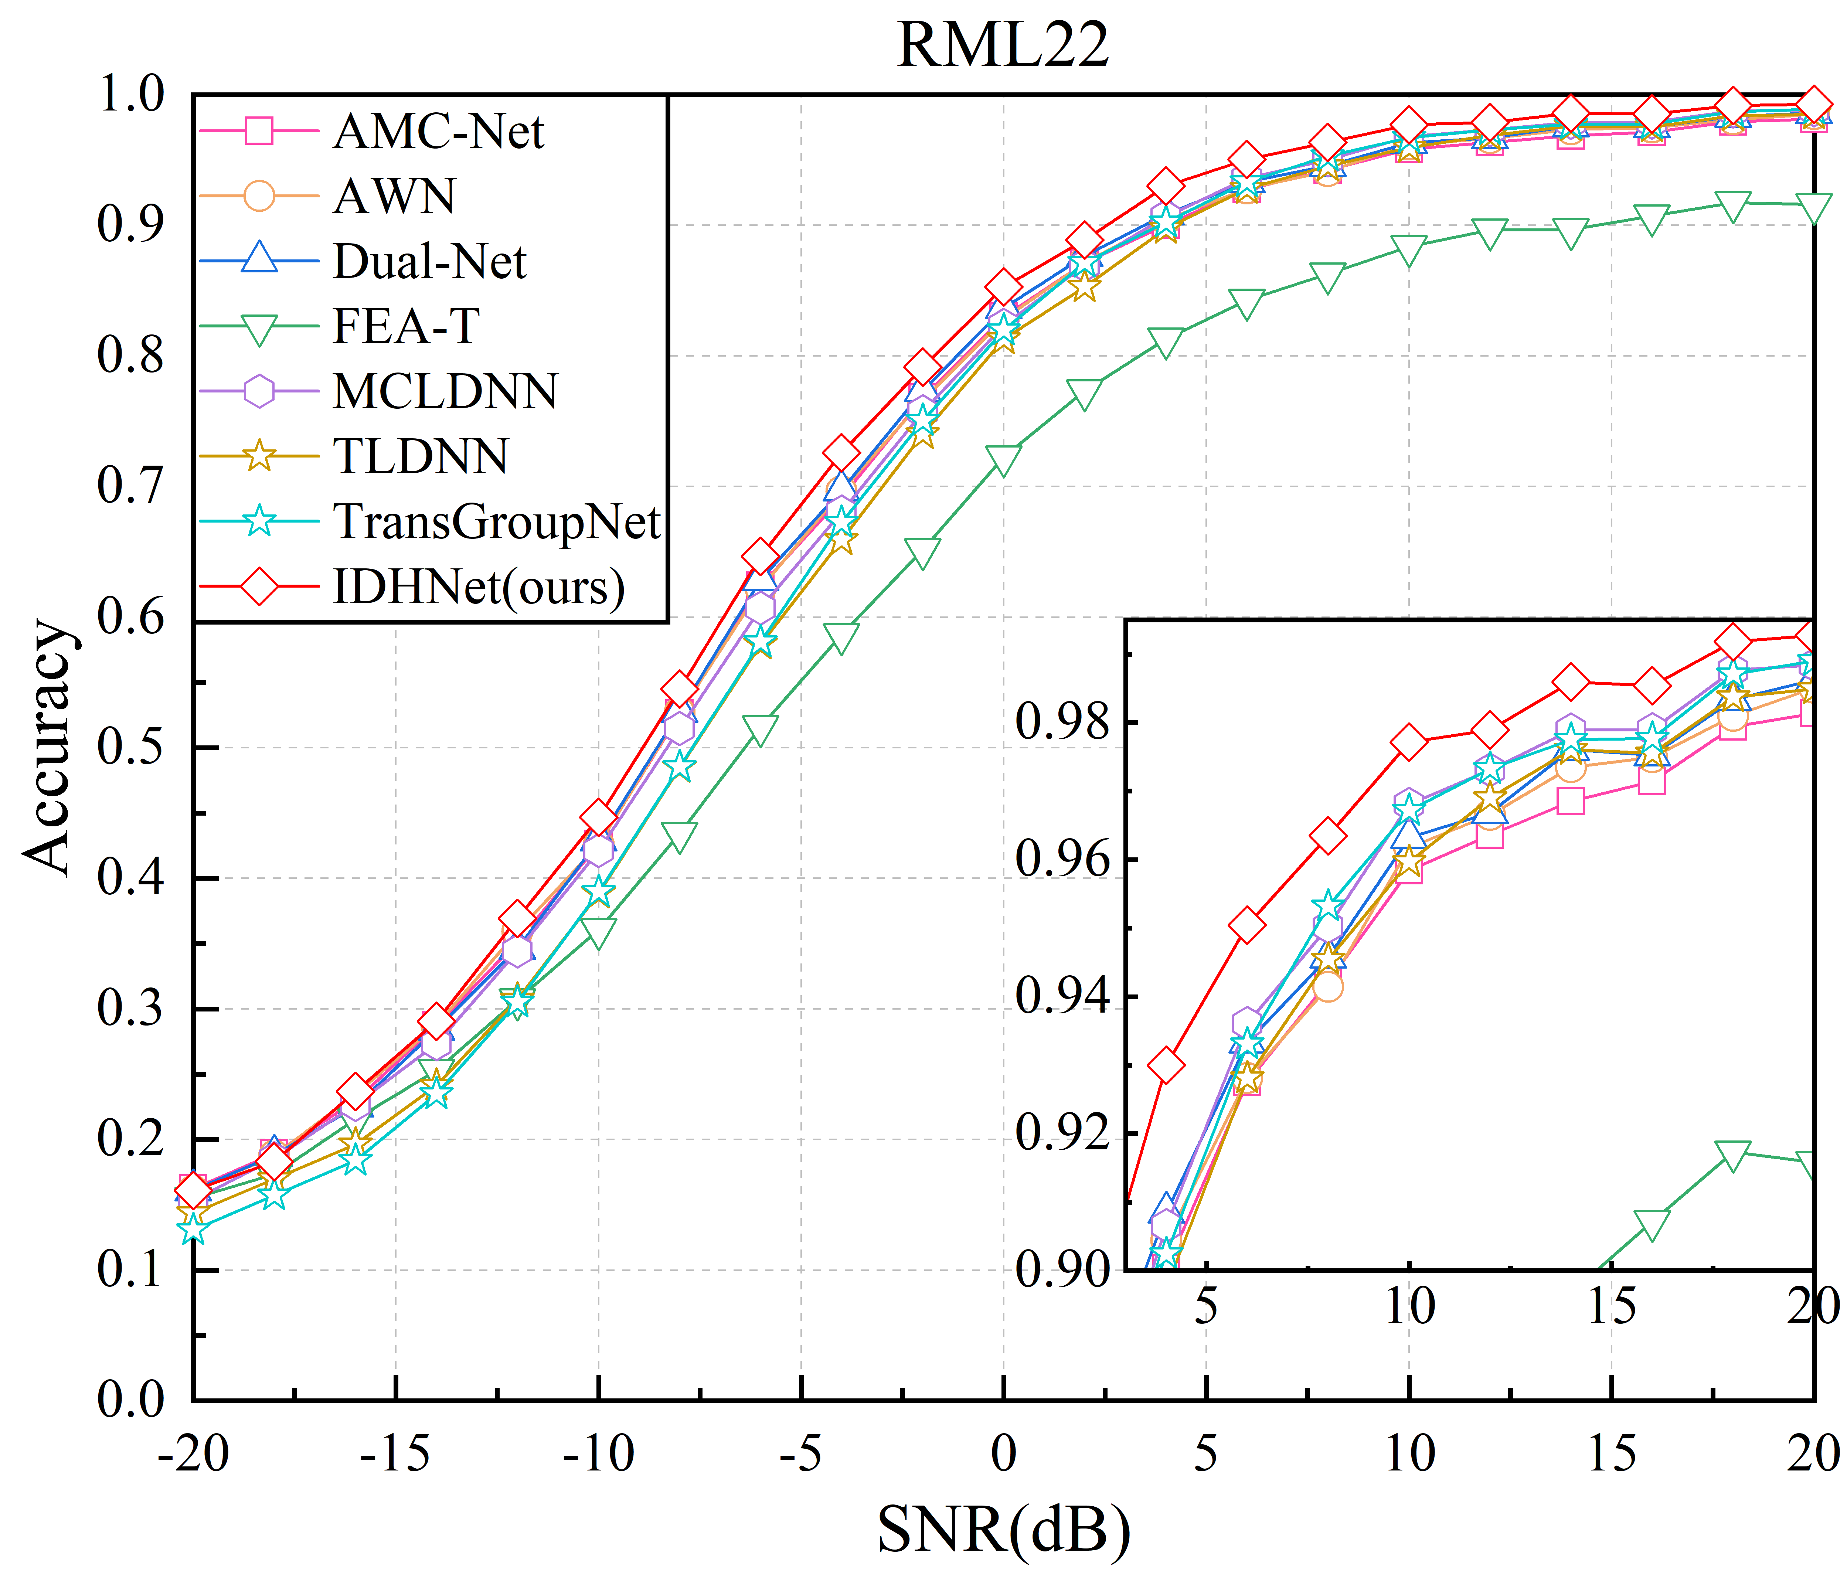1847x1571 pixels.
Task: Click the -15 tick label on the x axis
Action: [x=395, y=1453]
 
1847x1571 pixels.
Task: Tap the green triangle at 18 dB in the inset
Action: [x=1732, y=1154]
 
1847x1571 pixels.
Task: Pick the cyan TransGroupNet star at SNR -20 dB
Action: [x=193, y=1229]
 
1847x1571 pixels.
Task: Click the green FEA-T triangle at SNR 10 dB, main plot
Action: [x=1408, y=250]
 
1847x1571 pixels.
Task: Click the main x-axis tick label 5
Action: [x=1206, y=1453]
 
